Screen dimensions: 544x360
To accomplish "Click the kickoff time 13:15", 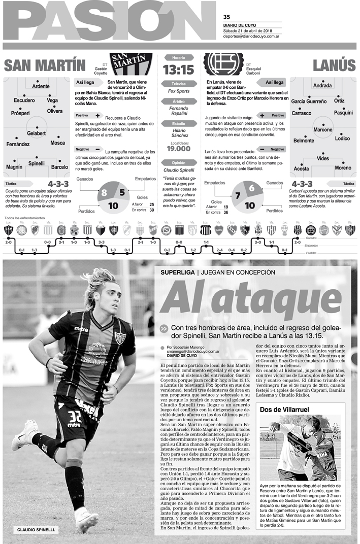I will [x=178, y=69].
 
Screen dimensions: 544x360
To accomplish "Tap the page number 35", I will [x=226, y=16].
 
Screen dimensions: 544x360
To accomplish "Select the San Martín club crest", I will [x=124, y=64].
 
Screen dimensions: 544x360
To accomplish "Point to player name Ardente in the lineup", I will [x=41, y=86].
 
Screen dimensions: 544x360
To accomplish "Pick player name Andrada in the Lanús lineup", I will [x=322, y=86].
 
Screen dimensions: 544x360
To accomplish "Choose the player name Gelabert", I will [x=37, y=133].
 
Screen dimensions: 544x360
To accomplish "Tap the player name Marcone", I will [x=322, y=130].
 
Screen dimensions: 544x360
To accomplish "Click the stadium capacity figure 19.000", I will [x=178, y=149].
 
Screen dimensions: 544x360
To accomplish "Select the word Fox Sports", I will [x=178, y=91].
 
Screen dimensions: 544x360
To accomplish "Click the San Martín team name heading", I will [x=45, y=66].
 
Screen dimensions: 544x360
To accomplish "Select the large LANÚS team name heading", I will [x=334, y=66].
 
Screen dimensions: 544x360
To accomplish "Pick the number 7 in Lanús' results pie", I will [x=237, y=195].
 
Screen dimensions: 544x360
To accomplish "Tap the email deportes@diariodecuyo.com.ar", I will [x=251, y=36].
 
